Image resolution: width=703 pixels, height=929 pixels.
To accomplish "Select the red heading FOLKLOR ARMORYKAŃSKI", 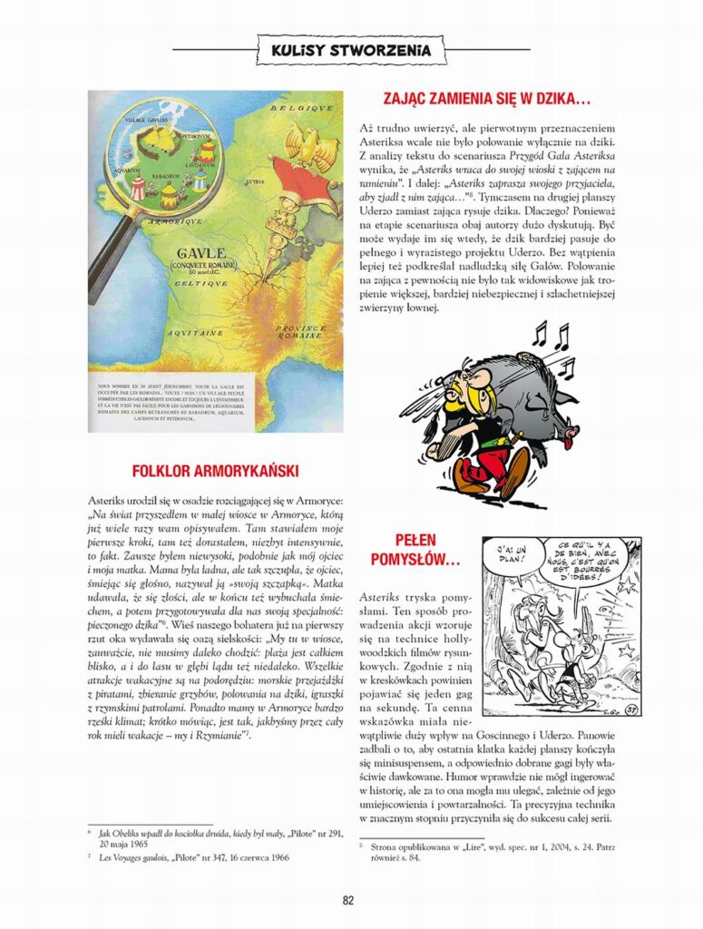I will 215,471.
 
